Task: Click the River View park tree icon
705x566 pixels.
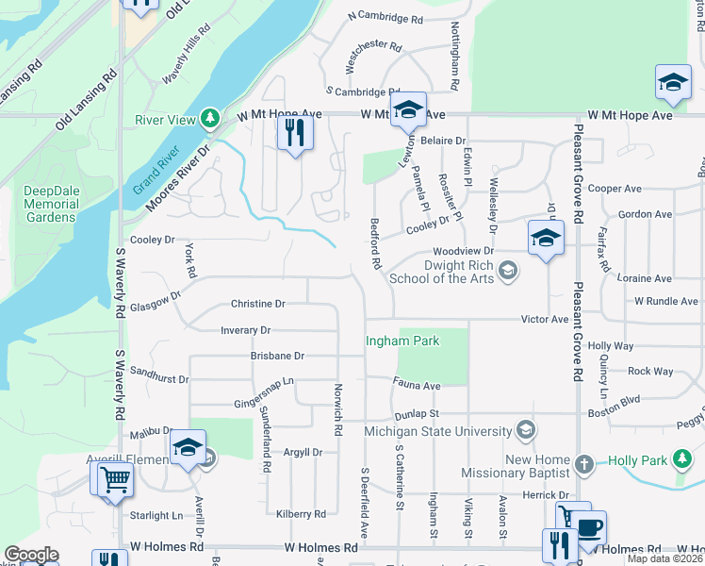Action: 213,118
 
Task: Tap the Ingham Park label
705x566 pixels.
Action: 402,341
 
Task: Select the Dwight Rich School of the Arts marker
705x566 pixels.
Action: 508,273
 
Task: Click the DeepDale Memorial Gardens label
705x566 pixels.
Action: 51,204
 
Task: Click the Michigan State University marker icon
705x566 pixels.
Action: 525,430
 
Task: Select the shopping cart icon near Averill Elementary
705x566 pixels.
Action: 114,478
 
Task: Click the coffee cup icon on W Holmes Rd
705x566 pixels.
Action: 590,528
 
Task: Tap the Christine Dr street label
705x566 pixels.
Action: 257,304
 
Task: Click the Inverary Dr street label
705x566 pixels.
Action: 245,331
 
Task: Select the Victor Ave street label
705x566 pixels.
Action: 545,319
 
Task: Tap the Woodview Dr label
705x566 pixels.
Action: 463,252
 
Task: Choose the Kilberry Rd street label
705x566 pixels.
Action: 301,514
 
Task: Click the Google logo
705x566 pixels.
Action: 31,555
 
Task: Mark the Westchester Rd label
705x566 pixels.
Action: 374,44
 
